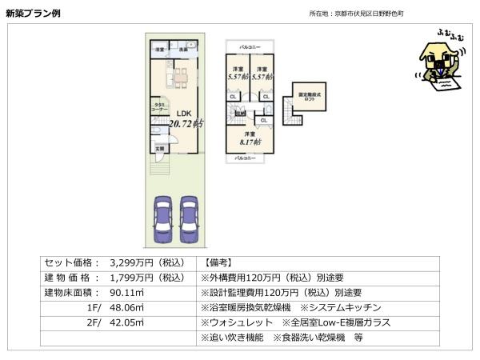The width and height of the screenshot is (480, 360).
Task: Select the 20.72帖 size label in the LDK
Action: [x=185, y=123]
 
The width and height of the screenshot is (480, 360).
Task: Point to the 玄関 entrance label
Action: [x=159, y=148]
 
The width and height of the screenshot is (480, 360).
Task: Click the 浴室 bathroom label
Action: [x=159, y=50]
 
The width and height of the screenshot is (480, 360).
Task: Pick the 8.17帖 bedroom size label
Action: [x=250, y=142]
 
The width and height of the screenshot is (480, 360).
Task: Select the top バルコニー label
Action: [x=251, y=48]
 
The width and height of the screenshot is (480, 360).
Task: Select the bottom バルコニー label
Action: [x=246, y=158]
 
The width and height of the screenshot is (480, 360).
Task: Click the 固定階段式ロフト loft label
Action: [x=310, y=95]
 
